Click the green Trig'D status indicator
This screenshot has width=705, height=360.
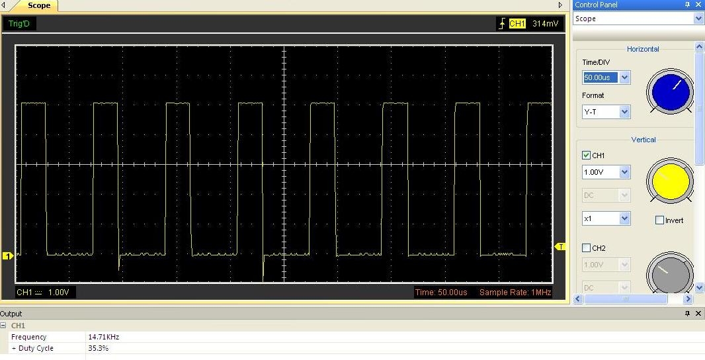[19, 23]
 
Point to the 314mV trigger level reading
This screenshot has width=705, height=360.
[546, 23]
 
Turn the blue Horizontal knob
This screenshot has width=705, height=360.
[670, 91]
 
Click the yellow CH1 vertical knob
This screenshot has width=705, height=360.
[670, 181]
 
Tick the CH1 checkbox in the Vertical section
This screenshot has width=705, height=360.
[586, 156]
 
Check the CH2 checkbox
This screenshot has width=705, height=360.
[586, 248]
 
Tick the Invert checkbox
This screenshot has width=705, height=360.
[659, 220]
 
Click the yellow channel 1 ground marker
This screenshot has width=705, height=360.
[8, 256]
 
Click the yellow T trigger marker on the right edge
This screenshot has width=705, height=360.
[560, 247]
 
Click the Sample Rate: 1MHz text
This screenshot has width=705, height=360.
[515, 292]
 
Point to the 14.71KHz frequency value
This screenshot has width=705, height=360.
[103, 337]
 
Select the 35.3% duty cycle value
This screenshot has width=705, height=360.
[98, 348]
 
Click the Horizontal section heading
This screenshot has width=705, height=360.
[643, 49]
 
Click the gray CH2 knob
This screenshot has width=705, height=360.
[670, 273]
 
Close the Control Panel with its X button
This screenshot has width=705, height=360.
[698, 5]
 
